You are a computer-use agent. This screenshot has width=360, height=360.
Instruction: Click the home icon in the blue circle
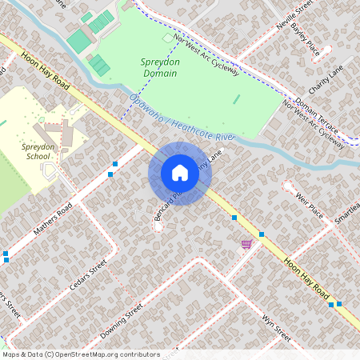(180, 173)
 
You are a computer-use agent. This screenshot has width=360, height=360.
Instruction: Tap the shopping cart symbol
(246, 244)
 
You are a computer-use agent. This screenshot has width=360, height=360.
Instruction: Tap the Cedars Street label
(88, 275)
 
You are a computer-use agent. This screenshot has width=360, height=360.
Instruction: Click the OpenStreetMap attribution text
(81, 354)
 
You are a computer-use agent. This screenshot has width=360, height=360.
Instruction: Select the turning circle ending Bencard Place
(158, 226)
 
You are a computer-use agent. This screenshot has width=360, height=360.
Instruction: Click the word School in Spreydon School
(38, 157)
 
